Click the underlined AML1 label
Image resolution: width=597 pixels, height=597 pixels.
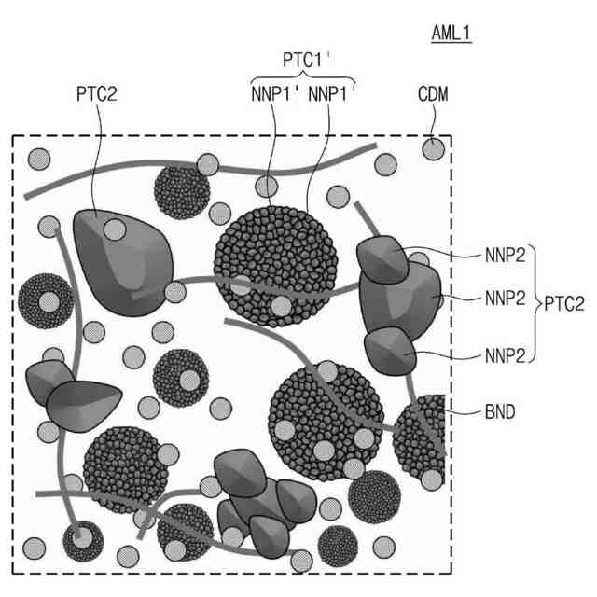click(x=452, y=35)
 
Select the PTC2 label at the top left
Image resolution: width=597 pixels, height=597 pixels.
click(x=97, y=94)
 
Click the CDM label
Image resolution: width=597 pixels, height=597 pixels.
click(x=433, y=94)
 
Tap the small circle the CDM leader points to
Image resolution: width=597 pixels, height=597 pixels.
click(x=432, y=148)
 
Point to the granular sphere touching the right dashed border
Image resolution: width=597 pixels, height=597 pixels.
click(x=424, y=438)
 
